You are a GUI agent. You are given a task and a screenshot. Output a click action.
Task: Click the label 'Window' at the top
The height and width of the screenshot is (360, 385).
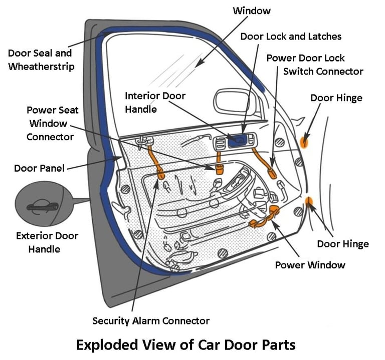(252, 10)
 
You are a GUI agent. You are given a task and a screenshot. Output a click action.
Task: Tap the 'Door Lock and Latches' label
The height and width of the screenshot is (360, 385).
(291, 37)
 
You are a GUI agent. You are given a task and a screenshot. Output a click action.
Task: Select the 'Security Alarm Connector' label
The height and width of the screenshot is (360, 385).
(151, 320)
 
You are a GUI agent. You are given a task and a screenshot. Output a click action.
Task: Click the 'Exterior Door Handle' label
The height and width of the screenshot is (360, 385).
(47, 242)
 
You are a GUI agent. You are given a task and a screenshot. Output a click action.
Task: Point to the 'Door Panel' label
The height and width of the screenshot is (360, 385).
(39, 168)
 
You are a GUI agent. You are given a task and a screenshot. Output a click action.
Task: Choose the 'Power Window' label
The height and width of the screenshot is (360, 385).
(310, 264)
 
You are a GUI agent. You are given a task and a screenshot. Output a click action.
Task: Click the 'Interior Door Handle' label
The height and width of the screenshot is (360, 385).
(155, 102)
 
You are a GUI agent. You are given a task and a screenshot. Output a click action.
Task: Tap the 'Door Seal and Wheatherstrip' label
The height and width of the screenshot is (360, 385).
(40, 60)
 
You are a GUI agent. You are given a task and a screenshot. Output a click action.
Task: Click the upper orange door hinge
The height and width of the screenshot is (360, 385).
(304, 142)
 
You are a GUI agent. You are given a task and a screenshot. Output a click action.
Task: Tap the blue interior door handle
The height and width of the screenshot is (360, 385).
(237, 141)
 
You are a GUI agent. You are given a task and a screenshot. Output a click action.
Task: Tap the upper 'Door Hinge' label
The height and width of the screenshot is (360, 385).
(336, 98)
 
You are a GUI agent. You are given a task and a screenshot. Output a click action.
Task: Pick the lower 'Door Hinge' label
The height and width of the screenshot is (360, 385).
(343, 244)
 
